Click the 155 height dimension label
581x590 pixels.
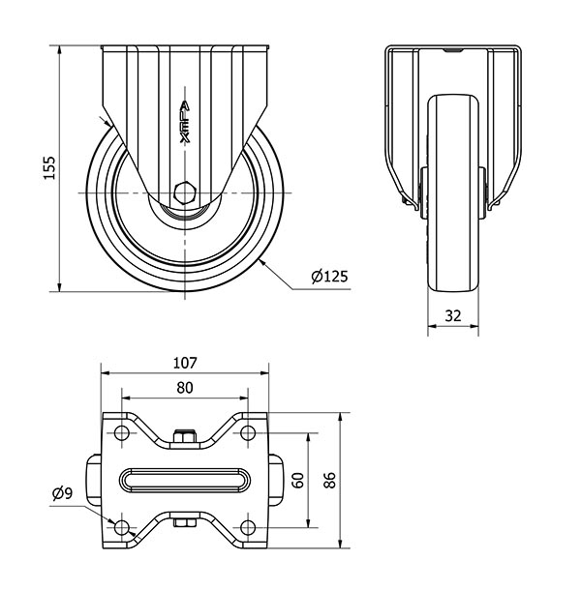[49, 167]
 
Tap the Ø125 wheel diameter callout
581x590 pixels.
[329, 277]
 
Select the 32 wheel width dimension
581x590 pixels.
[453, 315]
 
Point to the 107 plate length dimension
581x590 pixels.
[185, 363]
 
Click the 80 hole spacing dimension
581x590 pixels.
[185, 388]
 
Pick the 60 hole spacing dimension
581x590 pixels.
[298, 481]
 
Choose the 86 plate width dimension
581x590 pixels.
[329, 480]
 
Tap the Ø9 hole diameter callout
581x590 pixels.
[63, 493]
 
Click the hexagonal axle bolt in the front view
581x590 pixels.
[185, 192]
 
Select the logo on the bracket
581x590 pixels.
[185, 122]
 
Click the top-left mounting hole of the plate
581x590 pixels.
[121, 433]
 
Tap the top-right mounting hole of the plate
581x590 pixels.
[248, 433]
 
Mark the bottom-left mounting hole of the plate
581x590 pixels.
[121, 527]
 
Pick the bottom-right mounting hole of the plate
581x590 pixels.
[248, 527]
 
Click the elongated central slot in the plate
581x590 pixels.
[185, 481]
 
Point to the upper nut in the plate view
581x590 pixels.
[185, 436]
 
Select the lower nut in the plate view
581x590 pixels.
[185, 522]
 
